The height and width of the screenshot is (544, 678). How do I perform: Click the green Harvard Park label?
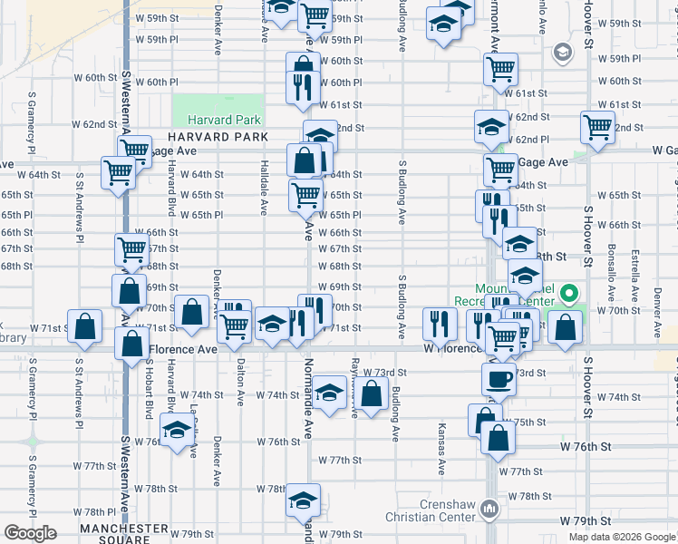[x=224, y=120]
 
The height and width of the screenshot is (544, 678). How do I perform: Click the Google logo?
[x=30, y=533]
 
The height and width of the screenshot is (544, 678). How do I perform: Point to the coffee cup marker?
[x=499, y=379]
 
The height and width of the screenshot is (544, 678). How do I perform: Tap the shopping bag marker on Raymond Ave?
[x=372, y=393]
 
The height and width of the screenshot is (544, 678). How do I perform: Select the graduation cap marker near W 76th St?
[x=178, y=428]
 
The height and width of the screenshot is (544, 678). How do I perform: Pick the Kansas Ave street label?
[x=441, y=449]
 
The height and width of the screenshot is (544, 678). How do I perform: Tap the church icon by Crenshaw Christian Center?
[x=489, y=509]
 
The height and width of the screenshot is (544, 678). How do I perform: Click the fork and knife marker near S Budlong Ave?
[x=439, y=322]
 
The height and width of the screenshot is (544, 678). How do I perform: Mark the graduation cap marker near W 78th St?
[x=302, y=500]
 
